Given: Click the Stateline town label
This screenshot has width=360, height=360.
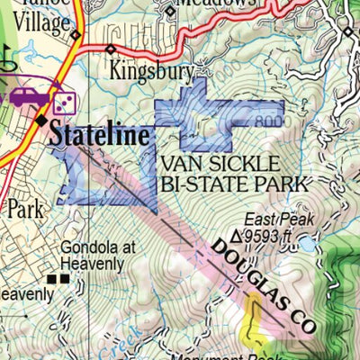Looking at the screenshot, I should (x=98, y=135).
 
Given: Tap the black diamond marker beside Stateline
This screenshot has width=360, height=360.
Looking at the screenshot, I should (x=41, y=119).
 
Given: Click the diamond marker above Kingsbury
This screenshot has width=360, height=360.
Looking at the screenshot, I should (x=111, y=49).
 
